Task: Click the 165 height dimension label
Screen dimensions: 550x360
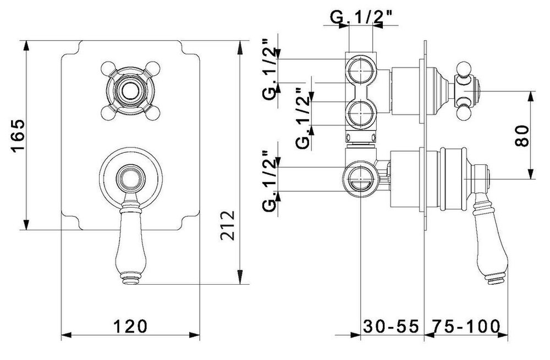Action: click(18, 136)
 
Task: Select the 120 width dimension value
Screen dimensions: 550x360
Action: click(130, 326)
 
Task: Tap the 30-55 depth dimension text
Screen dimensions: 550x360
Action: click(391, 326)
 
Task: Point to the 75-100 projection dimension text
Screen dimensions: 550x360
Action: click(465, 326)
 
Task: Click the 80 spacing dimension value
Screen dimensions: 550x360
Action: click(522, 136)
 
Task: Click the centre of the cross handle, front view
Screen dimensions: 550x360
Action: click(130, 91)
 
